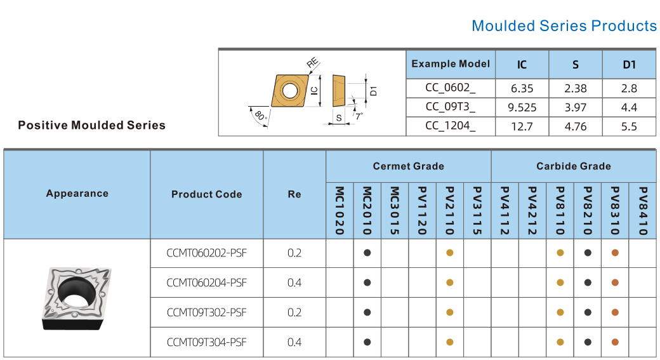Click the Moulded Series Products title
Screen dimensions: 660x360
(564, 25)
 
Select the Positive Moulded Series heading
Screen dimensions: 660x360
(92, 125)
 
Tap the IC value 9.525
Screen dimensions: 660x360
(522, 107)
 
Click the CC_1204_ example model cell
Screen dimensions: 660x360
(451, 126)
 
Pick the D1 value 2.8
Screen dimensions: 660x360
(629, 88)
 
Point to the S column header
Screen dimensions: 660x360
(576, 64)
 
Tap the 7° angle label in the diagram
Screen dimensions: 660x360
(358, 116)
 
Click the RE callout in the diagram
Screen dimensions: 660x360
(312, 63)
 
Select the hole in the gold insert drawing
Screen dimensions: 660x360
(289, 90)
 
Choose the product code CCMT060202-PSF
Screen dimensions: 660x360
(207, 253)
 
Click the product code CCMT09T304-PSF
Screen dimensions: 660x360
(207, 342)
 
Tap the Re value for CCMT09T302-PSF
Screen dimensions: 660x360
(294, 312)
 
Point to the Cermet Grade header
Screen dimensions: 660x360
(408, 166)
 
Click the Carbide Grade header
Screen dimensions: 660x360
(573, 166)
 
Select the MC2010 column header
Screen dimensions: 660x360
(367, 211)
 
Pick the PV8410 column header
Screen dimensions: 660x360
(643, 211)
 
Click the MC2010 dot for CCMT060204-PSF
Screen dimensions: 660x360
(367, 283)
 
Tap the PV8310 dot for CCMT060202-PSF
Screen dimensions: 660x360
(615, 253)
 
